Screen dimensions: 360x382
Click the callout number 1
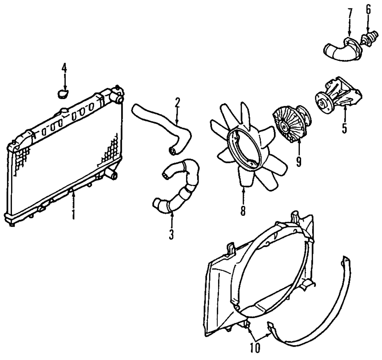pos(73,214)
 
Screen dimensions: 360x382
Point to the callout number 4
pos(64,68)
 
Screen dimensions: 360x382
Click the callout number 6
pos(368,9)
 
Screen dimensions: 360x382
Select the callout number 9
pos(298,161)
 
